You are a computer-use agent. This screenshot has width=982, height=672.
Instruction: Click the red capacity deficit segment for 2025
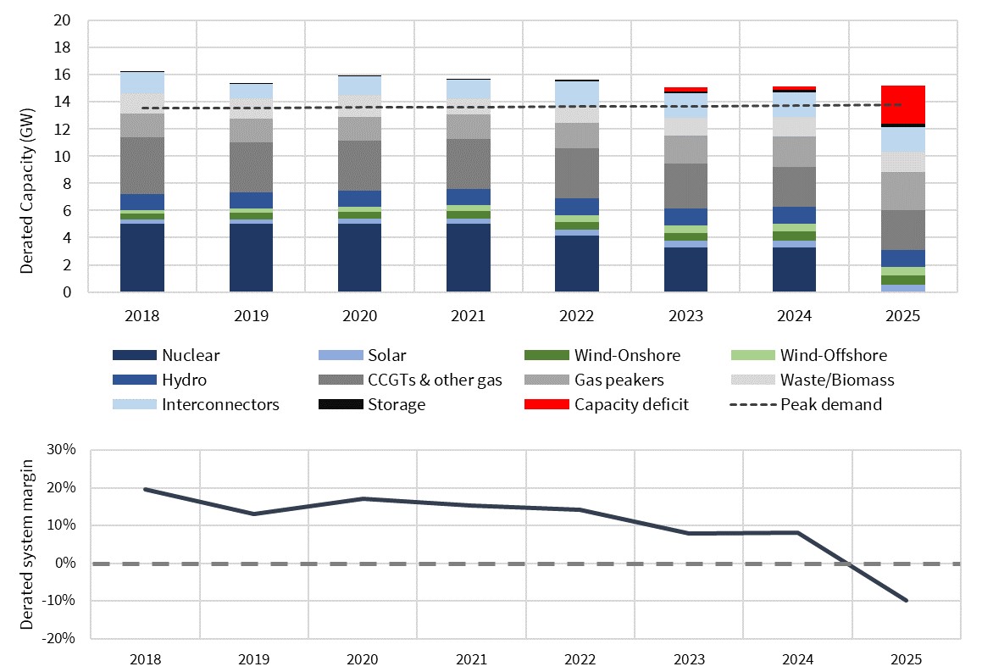coord(902,105)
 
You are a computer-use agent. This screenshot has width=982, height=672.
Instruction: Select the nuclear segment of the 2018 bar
coord(141,258)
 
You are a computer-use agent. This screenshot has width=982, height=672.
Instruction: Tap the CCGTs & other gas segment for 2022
coord(577,174)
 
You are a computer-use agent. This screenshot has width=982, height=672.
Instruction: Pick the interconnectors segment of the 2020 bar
coord(359,86)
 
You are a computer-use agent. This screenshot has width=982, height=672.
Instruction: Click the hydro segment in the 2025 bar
coord(902,258)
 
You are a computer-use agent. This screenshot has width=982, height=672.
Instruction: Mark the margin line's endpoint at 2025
coord(906,601)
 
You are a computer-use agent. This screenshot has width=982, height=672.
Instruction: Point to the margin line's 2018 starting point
coord(145,489)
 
